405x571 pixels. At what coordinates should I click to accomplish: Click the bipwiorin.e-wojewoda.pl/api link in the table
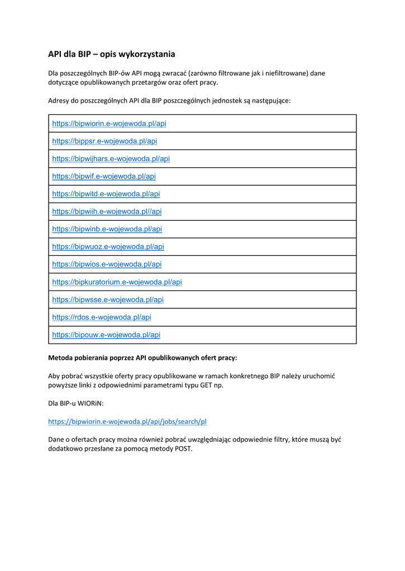109,123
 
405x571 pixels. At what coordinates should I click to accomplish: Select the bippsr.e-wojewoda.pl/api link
104,141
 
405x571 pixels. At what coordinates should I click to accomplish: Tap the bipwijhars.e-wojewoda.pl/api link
111,158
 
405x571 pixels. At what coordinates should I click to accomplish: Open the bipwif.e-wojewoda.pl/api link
104,176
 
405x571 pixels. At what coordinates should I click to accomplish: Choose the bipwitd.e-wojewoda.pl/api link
106,194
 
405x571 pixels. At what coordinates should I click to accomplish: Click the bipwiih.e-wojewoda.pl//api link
107,211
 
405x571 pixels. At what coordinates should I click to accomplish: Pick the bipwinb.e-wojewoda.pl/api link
107,229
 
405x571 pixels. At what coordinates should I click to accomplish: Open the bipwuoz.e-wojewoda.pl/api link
108,246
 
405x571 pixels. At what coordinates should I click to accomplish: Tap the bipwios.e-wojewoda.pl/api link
107,264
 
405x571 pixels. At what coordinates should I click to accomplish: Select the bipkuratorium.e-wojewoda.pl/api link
117,282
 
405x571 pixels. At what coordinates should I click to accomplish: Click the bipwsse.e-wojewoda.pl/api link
108,299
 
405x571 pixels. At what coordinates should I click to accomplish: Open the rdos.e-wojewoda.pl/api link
102,317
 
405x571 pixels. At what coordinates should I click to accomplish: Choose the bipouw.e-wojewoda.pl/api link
106,335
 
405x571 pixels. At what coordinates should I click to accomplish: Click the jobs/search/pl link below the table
127,422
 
